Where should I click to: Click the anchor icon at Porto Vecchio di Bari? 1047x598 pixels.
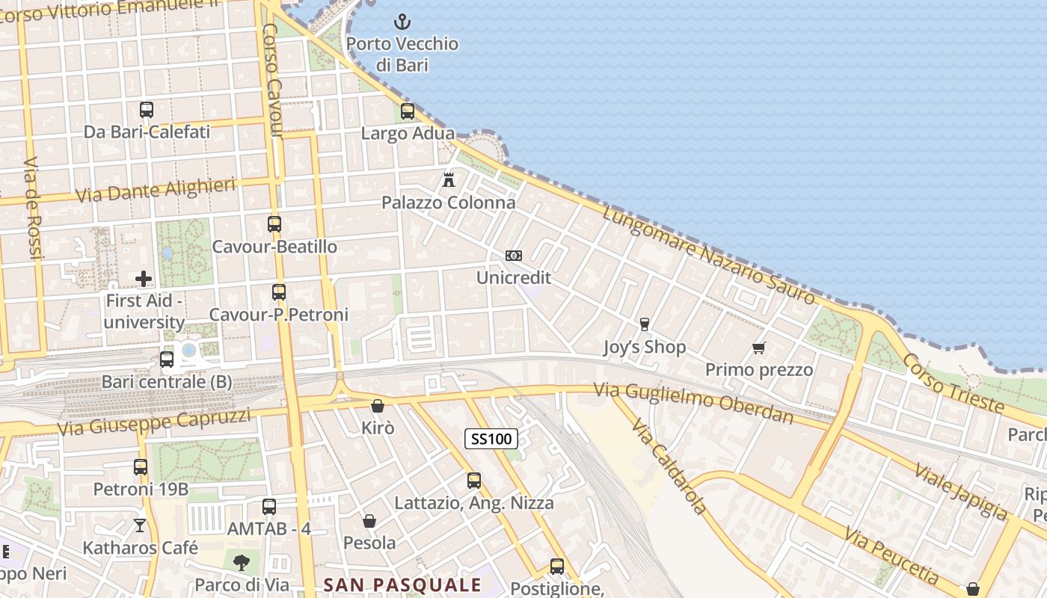click(402, 22)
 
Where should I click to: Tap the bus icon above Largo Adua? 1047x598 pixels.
click(408, 111)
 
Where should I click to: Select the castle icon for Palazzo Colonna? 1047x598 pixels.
click(449, 180)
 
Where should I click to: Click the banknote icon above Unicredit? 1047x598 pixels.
click(513, 256)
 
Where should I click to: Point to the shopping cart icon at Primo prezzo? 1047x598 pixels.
click(759, 348)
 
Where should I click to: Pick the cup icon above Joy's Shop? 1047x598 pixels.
click(644, 324)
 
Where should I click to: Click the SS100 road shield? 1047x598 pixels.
click(491, 439)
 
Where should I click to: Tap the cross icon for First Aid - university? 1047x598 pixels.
click(144, 279)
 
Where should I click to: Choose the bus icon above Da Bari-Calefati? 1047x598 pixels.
click(147, 110)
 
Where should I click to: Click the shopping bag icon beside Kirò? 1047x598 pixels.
click(378, 406)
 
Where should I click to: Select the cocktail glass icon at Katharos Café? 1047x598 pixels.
click(140, 525)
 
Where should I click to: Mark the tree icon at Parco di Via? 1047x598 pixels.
click(241, 562)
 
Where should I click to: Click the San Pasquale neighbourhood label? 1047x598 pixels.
click(402, 585)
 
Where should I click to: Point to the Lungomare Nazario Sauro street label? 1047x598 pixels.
click(708, 255)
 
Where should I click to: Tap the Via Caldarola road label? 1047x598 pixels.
click(669, 466)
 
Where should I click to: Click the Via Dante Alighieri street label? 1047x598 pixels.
click(156, 191)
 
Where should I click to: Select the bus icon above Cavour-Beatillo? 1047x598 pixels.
click(274, 224)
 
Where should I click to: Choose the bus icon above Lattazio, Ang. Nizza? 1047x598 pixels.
click(474, 481)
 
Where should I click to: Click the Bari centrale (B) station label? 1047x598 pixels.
click(167, 382)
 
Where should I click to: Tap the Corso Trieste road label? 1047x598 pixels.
click(953, 383)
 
